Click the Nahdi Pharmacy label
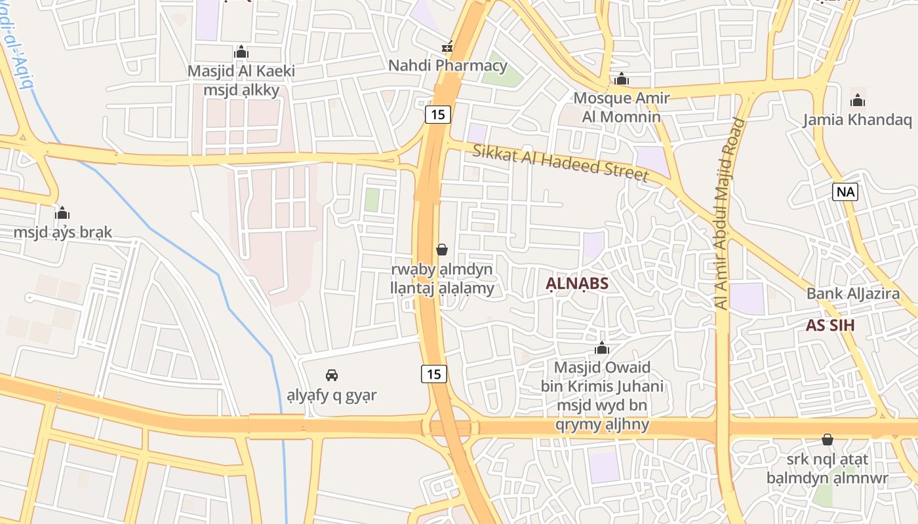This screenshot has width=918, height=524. (448, 65)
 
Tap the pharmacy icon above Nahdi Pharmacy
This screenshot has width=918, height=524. (448, 47)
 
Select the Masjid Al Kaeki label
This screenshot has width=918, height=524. (241, 71)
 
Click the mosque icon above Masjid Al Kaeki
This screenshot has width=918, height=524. (241, 52)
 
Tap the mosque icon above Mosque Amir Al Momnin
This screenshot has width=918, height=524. (622, 80)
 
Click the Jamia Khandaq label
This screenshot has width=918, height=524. (858, 120)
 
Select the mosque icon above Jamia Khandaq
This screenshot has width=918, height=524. (858, 100)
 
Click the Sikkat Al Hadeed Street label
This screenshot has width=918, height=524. (561, 163)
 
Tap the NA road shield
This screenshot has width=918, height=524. (846, 192)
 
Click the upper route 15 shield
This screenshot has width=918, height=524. (438, 115)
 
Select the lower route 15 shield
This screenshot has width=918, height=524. (433, 374)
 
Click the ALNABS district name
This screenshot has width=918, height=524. (577, 284)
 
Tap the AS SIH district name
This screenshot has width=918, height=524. (830, 326)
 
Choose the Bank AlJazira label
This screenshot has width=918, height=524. (853, 293)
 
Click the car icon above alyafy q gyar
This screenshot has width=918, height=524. (332, 375)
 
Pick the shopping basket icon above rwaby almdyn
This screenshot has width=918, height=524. (442, 250)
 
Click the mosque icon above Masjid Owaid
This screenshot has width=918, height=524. (602, 348)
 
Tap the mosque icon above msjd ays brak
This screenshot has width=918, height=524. (63, 213)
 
